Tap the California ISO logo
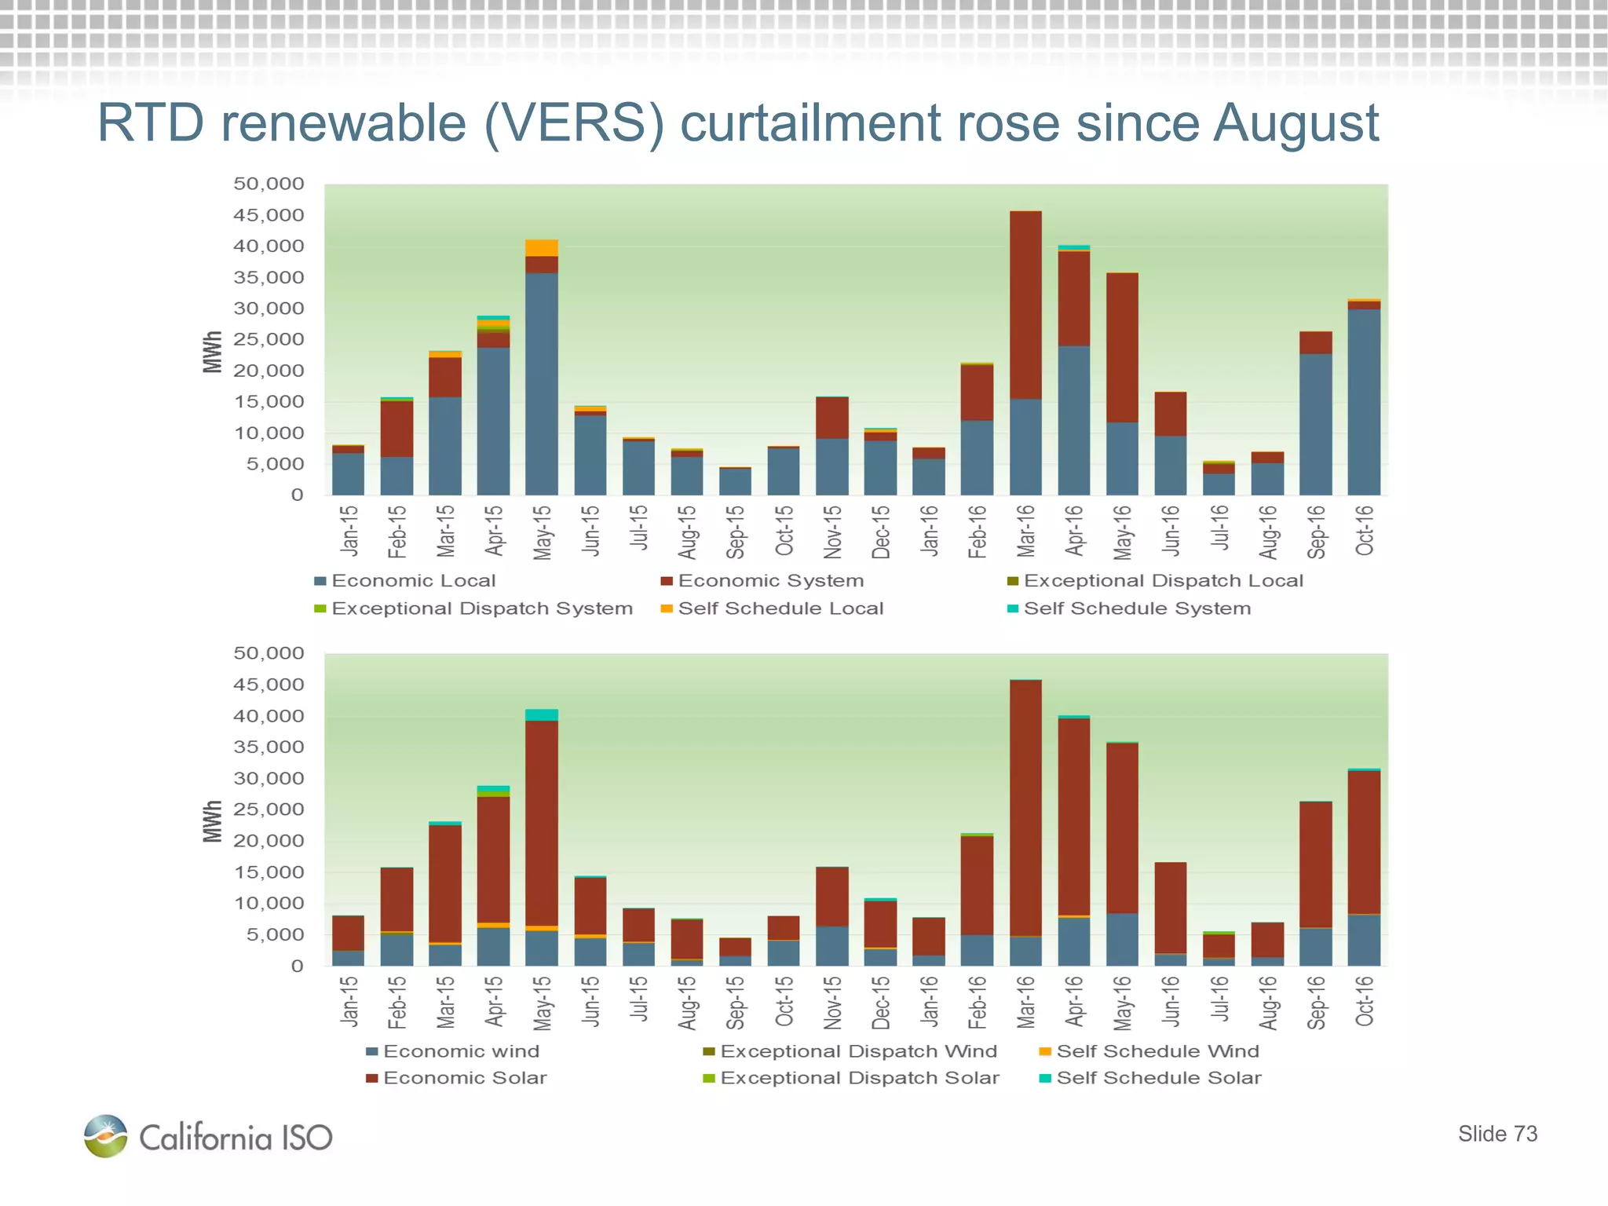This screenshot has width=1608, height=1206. (208, 1136)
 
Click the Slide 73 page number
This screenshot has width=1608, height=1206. (1497, 1134)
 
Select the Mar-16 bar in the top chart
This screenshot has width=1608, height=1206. (1025, 353)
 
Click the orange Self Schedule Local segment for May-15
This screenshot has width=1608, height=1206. (542, 248)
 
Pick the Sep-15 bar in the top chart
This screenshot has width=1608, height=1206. (735, 481)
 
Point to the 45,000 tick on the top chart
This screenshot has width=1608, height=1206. (269, 215)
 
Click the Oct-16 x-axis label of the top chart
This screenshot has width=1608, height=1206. (1365, 531)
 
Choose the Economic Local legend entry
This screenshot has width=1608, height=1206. (405, 581)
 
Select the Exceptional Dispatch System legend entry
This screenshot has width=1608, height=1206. (473, 608)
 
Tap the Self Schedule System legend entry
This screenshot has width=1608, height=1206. (1129, 608)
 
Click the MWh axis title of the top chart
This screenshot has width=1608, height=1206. (212, 352)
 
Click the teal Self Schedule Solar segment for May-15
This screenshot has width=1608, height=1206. (542, 715)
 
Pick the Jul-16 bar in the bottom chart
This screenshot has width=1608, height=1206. (1219, 948)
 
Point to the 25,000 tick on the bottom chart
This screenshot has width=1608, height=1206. (269, 809)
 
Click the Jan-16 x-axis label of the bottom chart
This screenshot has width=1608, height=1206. (930, 1002)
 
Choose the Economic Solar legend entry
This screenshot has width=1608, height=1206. (457, 1078)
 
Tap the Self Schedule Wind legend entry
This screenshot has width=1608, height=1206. (1149, 1051)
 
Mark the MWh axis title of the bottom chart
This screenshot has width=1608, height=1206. (212, 821)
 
